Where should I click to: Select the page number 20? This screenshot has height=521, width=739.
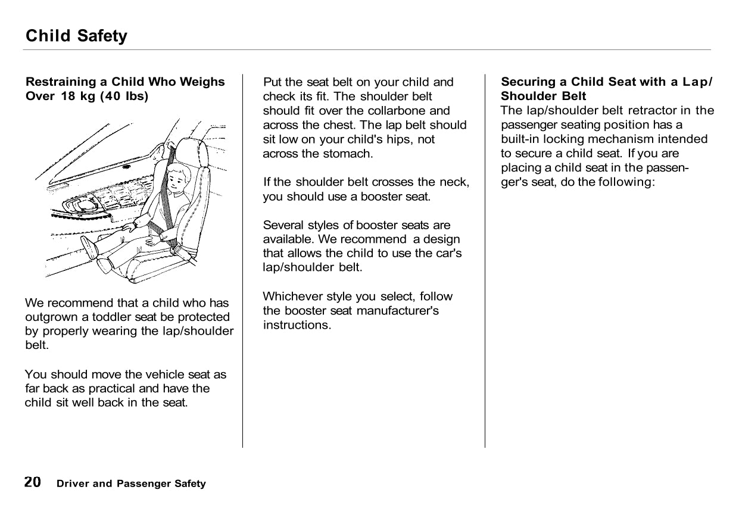(33, 482)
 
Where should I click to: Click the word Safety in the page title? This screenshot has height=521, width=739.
(102, 36)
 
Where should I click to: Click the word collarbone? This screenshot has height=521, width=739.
(406, 111)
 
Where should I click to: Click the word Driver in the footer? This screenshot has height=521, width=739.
(72, 483)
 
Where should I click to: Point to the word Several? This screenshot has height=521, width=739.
(283, 225)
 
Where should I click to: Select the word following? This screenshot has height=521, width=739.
(628, 182)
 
